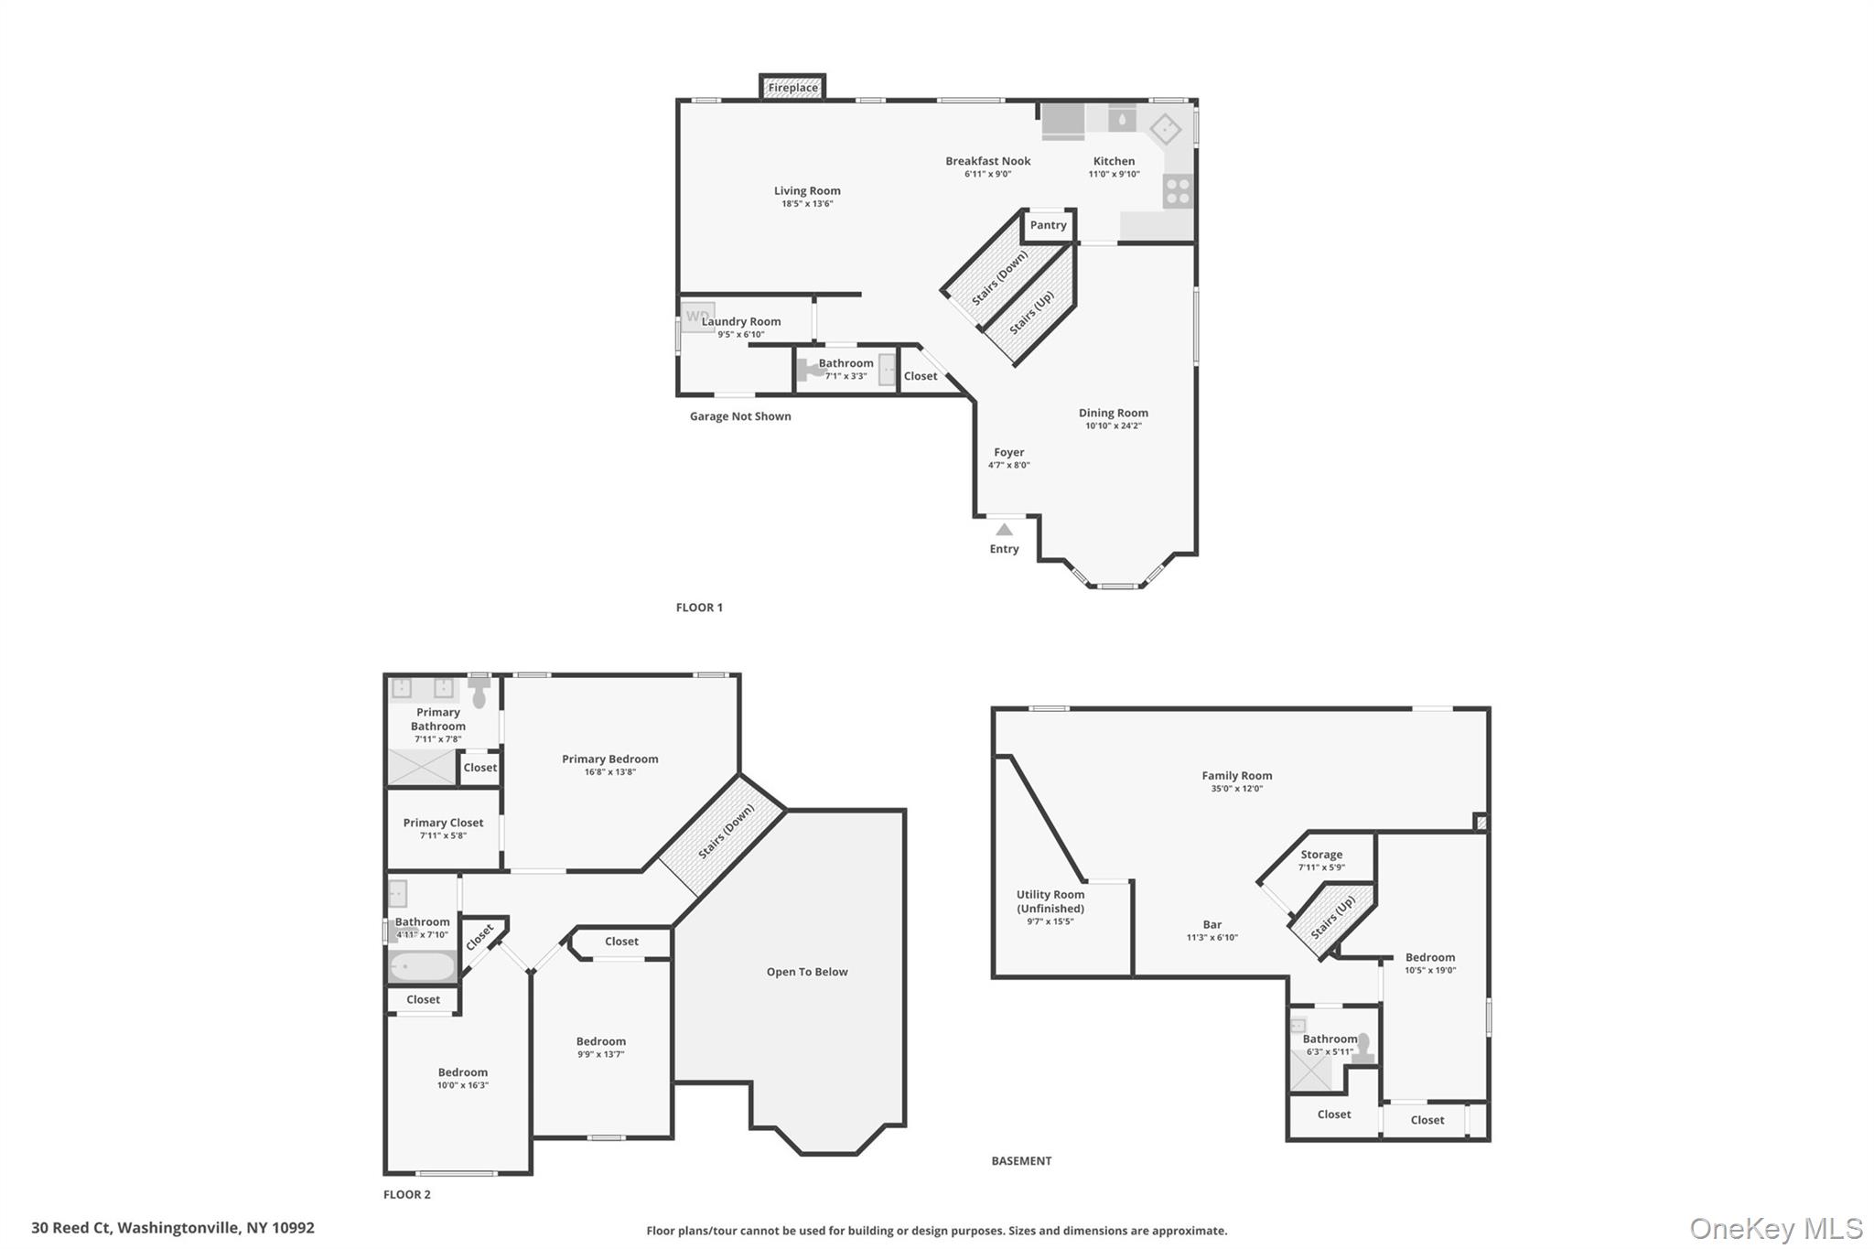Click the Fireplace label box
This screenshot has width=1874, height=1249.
(792, 88)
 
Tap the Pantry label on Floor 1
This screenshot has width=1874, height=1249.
(1048, 225)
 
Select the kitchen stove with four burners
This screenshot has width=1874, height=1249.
(1178, 191)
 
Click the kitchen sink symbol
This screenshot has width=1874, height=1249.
(1122, 119)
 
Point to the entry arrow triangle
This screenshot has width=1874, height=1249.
(1004, 530)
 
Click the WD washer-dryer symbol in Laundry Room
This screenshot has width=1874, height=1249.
(697, 317)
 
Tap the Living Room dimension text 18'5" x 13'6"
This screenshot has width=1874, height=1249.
(807, 204)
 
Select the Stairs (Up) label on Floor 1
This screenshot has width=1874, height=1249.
(1031, 312)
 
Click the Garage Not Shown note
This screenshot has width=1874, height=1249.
(740, 416)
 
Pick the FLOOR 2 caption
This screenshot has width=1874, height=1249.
(406, 1194)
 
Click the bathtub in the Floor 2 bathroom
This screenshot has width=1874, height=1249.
(422, 966)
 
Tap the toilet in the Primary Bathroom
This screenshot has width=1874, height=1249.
(479, 693)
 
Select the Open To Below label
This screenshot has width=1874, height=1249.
(807, 972)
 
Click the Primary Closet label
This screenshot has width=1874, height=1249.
(443, 823)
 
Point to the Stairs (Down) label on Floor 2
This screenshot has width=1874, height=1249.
(727, 832)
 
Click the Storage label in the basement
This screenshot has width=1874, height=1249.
(1321, 855)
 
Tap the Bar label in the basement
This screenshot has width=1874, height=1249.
(1212, 924)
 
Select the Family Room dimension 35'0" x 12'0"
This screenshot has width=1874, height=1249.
(1236, 789)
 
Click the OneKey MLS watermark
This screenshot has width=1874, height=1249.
(1775, 1229)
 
